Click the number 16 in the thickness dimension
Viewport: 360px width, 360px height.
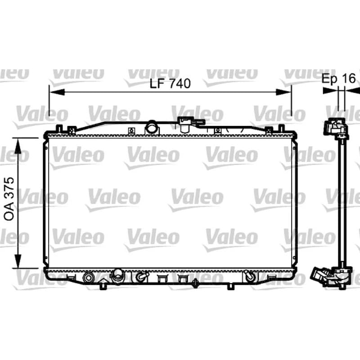click(x=348, y=78)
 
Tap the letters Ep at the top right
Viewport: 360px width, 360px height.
click(x=330, y=79)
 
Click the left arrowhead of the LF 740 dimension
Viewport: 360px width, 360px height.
click(x=58, y=92)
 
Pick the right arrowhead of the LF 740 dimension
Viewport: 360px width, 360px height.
click(x=283, y=92)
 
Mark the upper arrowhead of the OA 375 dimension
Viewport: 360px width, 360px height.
click(x=18, y=145)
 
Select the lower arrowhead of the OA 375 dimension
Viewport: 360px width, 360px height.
click(x=18, y=261)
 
